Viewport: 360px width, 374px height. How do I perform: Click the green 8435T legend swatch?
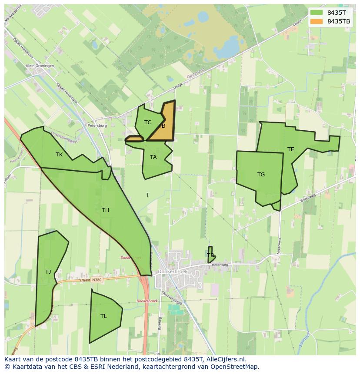pos(317,13)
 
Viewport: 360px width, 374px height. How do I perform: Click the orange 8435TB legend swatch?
pos(317,21)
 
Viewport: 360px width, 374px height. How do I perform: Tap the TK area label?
pos(59,155)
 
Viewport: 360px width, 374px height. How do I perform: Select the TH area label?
pos(105,210)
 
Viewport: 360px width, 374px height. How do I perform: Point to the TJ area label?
pos(48,272)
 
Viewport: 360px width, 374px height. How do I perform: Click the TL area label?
pos(103,316)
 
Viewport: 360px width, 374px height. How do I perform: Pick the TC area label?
pos(148,122)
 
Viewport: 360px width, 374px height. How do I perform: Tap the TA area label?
pos(153,157)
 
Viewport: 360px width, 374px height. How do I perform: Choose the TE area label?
pos(290,149)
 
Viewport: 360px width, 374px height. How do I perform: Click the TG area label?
pos(261,175)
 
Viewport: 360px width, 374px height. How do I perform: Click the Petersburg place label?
pos(97,126)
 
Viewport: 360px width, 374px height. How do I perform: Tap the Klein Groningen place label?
pos(40,66)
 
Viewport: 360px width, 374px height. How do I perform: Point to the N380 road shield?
pos(97,280)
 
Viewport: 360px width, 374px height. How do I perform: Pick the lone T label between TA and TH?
pos(148,195)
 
